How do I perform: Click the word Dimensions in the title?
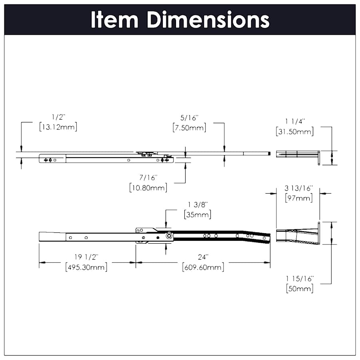click(x=208, y=20)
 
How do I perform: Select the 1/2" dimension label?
click(x=58, y=117)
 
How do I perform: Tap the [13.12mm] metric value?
click(x=58, y=127)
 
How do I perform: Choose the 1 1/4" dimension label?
click(x=295, y=121)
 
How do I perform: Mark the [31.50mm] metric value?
click(x=295, y=131)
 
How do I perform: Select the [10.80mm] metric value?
click(x=148, y=187)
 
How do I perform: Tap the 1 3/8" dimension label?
click(x=198, y=204)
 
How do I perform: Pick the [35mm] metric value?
click(x=198, y=214)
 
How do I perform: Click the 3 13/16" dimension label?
click(x=298, y=188)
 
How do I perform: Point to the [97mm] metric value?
click(x=298, y=198)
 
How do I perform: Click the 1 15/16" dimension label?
click(x=300, y=278)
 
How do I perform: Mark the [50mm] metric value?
click(x=300, y=288)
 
